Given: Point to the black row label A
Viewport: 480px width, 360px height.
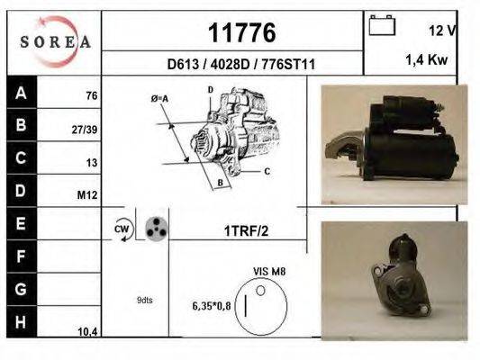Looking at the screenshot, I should click(21, 93).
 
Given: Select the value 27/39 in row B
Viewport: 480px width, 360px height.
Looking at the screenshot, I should click(85, 130).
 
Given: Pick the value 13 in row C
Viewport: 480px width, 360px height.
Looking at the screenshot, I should click(91, 163).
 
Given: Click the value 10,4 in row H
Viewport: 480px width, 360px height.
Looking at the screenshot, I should click(87, 332).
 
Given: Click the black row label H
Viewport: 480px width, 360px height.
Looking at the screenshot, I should click(21, 321).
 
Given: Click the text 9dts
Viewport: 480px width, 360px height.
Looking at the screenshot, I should click(145, 300).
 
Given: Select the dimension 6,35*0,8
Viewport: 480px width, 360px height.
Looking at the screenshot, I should click(213, 306).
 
